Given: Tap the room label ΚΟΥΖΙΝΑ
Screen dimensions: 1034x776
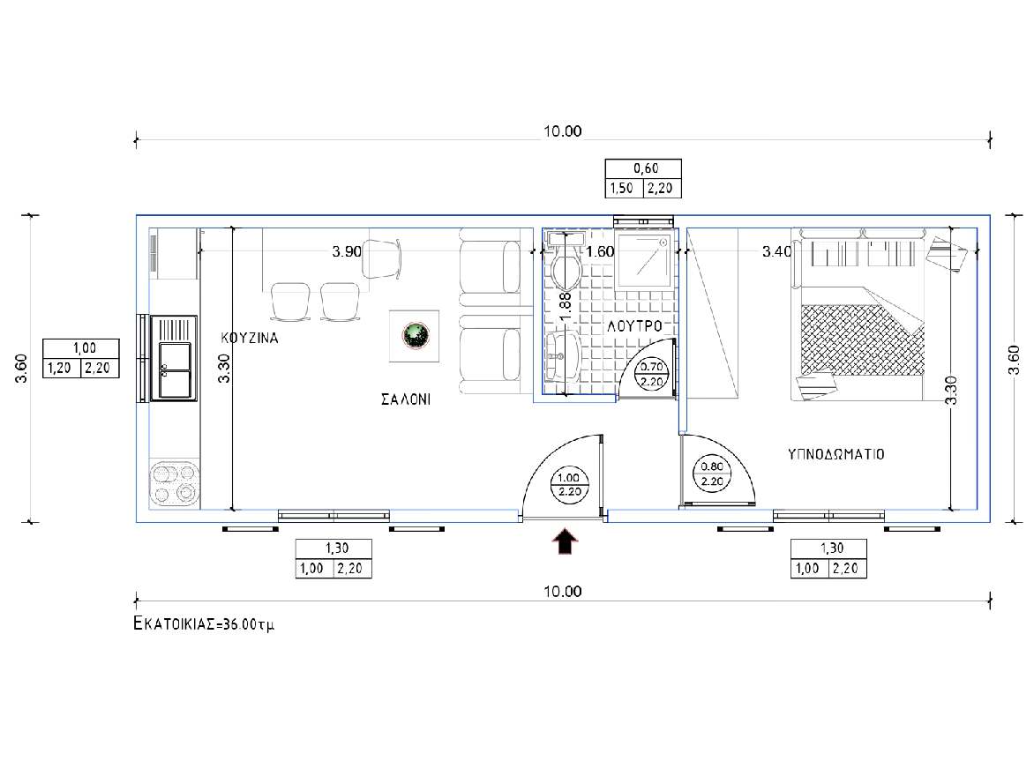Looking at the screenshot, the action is (x=250, y=339).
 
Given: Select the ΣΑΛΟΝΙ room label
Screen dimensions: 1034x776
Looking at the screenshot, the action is (x=406, y=399).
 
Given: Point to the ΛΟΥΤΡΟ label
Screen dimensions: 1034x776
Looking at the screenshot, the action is (x=634, y=325).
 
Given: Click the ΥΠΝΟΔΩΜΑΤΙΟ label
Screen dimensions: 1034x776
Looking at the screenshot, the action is (x=835, y=454).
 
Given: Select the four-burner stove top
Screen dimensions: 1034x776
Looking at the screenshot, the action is (x=174, y=483).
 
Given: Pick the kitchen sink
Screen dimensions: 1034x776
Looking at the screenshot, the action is (x=174, y=358).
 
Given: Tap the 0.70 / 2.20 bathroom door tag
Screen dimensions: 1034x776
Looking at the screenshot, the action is (x=651, y=374).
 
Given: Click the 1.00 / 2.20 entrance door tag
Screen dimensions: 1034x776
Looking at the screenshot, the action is (x=569, y=485).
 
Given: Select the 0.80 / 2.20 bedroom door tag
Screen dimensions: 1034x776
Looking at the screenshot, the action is (x=712, y=474).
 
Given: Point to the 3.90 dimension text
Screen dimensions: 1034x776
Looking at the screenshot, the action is (x=347, y=251).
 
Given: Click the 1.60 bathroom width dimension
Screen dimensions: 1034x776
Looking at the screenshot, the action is (x=600, y=251).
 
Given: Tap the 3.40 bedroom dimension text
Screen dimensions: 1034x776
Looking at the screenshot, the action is (x=776, y=251).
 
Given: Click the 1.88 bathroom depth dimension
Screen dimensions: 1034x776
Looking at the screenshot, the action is (x=566, y=307).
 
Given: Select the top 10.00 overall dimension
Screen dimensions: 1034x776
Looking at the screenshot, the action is (x=563, y=131).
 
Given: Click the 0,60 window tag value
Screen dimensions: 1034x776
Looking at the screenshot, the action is (x=646, y=168).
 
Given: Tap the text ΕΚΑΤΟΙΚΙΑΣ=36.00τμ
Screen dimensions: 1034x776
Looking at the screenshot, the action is (x=204, y=623).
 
